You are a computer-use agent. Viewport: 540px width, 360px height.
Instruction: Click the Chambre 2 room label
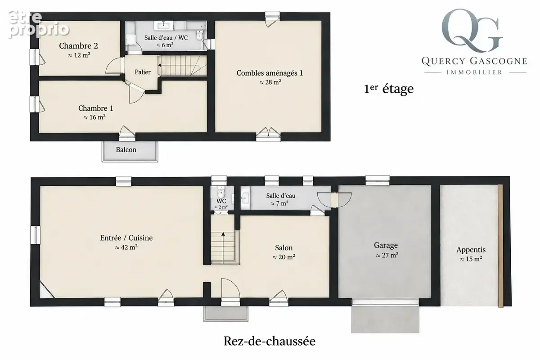(x=79, y=46)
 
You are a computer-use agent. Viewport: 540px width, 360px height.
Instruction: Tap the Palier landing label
(x=143, y=72)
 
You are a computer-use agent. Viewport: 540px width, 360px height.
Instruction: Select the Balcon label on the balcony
(x=126, y=150)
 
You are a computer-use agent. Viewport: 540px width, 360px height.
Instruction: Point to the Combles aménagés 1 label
(x=270, y=73)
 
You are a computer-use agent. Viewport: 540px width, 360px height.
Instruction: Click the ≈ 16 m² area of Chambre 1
(x=94, y=117)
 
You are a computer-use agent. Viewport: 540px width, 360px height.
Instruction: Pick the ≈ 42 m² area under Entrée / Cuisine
(x=126, y=247)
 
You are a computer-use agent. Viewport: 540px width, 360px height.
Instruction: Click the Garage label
(x=386, y=245)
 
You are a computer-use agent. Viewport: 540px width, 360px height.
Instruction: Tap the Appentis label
(x=471, y=250)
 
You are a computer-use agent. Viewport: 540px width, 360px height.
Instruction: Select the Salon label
(x=284, y=248)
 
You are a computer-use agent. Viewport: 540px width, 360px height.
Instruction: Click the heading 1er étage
(x=389, y=89)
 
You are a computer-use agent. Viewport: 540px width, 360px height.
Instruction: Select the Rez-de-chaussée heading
(x=270, y=341)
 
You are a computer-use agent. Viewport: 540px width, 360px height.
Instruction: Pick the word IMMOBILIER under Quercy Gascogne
(x=474, y=72)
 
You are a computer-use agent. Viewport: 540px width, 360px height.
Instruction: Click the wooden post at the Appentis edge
(x=500, y=246)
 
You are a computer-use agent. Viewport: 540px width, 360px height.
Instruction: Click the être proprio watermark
(x=39, y=24)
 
